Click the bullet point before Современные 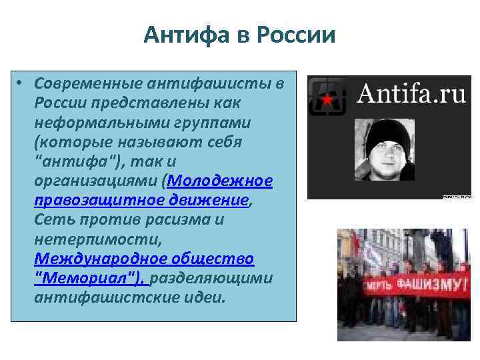pyautogui.click(x=21, y=84)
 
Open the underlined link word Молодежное pyautogui.click(x=221, y=181)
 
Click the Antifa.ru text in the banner pyautogui.click(x=411, y=94)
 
